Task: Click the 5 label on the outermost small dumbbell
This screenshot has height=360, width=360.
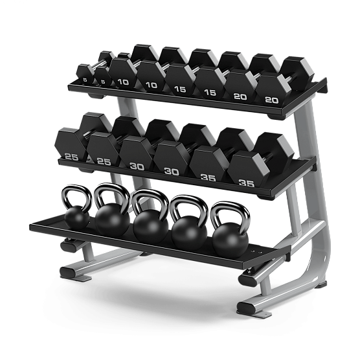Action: pyautogui.click(x=84, y=80)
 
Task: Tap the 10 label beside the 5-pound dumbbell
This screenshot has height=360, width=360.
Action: pyautogui.click(x=122, y=82)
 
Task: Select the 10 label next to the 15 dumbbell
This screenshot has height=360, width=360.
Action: pyautogui.click(x=151, y=85)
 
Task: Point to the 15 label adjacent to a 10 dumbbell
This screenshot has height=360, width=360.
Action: pyautogui.click(x=180, y=88)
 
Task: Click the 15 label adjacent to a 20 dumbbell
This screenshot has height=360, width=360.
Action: pyautogui.click(x=210, y=92)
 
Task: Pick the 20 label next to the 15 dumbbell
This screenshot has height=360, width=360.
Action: pyautogui.click(x=240, y=96)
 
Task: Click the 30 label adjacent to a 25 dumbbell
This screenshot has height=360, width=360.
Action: pyautogui.click(x=137, y=166)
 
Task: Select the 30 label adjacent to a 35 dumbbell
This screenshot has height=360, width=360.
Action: pyautogui.click(x=171, y=171)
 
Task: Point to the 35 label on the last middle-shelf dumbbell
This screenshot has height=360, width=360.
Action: pyautogui.click(x=246, y=183)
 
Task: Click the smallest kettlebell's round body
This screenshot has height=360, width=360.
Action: pyautogui.click(x=77, y=218)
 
